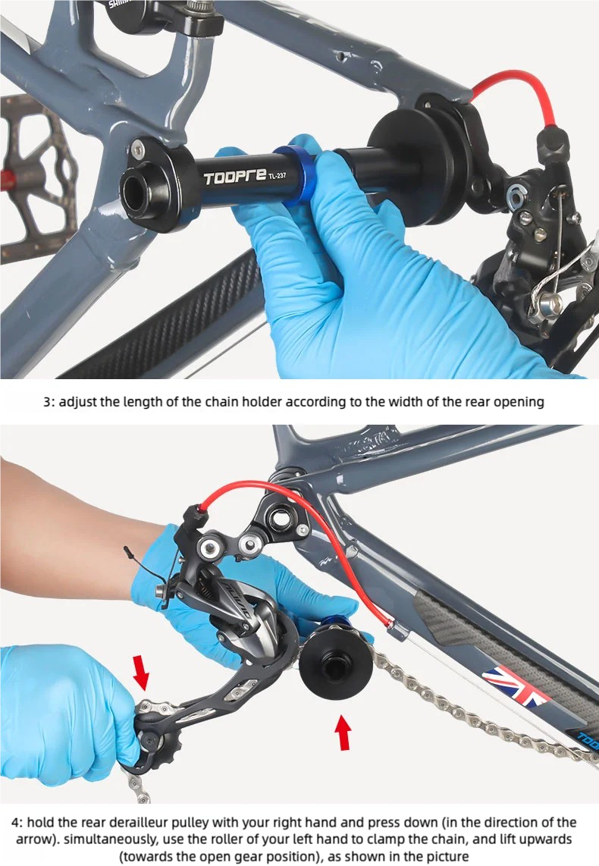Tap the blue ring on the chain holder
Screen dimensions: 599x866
(x=295, y=174)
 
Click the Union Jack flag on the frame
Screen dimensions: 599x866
(x=515, y=686)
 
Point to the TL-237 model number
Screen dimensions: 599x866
(x=278, y=176)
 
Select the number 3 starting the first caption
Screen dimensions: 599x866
(x=47, y=402)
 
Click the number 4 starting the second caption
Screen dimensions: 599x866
(x=15, y=822)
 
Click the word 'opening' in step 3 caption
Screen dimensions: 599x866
(x=519, y=402)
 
